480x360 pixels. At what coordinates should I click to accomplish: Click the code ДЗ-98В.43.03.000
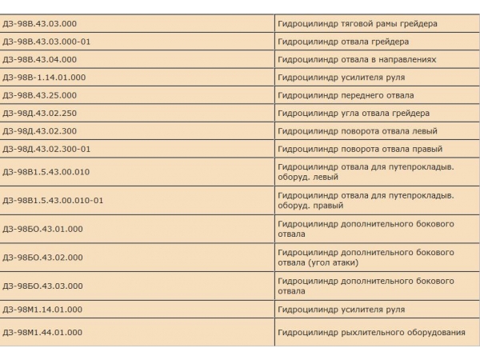coord(39,24)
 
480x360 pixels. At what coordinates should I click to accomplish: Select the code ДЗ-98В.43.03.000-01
coord(46,42)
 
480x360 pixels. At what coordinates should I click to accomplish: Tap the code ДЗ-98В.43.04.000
coord(39,59)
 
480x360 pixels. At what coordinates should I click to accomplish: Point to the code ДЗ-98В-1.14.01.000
coord(44,78)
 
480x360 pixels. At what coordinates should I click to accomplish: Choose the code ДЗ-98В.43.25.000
coord(39,95)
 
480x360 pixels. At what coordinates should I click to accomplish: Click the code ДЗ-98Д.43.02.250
coord(39,113)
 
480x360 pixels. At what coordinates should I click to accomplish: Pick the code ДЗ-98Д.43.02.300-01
coord(46,149)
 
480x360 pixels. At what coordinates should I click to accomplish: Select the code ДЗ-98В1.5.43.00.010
coord(46,171)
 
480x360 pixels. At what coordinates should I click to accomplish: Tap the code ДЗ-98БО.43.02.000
coord(42,258)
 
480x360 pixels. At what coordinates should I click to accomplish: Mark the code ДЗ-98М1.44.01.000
coord(42,332)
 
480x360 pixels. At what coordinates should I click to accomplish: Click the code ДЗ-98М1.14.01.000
coord(42,309)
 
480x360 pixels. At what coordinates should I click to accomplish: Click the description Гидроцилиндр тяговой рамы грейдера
coord(358,24)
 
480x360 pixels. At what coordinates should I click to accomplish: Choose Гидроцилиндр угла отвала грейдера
coord(354,113)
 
